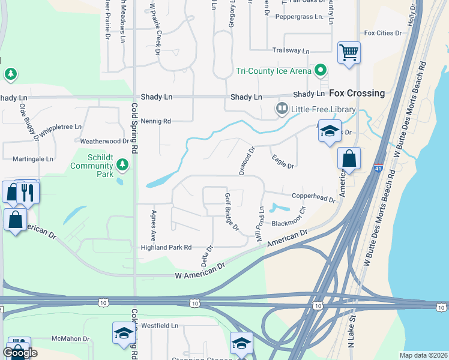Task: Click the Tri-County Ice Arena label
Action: coord(273,71)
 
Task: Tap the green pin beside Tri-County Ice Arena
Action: coord(321,71)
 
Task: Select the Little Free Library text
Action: coord(324,109)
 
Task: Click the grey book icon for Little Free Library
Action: coord(281,109)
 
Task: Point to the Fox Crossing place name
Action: coord(357,93)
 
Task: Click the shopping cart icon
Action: coord(348,52)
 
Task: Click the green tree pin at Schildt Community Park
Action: coord(122,164)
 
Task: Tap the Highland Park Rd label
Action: coord(166,247)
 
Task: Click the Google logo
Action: coord(20,353)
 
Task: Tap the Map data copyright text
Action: coord(423,355)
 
